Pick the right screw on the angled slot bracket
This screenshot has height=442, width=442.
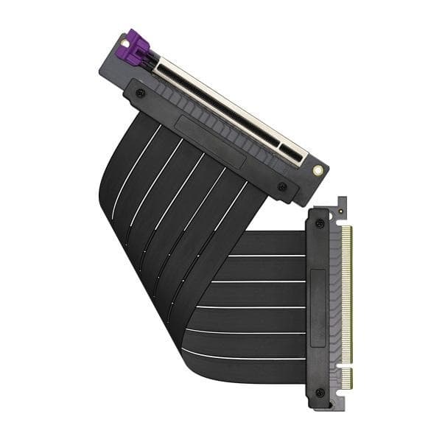tap(282, 187)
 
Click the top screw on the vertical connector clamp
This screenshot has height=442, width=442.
tap(320, 223)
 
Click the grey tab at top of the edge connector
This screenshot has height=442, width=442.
tap(341, 207)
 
